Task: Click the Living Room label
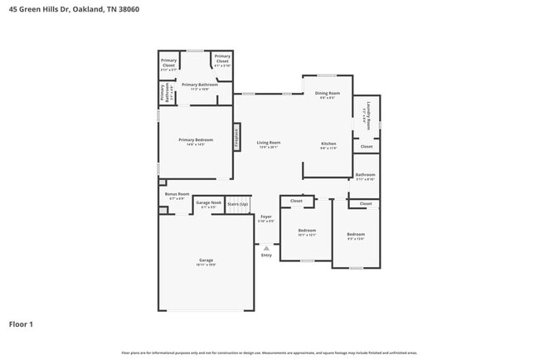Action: point(268,143)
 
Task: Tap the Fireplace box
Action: point(236,138)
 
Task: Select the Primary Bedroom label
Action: point(191,140)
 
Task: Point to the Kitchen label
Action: point(328,144)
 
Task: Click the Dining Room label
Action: point(327,94)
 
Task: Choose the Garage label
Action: point(206,260)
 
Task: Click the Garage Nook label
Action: point(208,202)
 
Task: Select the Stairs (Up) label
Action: point(238,202)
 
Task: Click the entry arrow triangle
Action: point(266,247)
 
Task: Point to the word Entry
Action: point(266,255)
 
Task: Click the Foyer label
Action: point(266,217)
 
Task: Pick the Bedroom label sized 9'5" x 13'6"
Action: point(356,235)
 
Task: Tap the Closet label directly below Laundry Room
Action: point(367,146)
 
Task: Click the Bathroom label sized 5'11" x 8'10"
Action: point(366,175)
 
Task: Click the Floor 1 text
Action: point(22,324)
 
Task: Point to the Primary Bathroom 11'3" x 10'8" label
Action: point(200,85)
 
